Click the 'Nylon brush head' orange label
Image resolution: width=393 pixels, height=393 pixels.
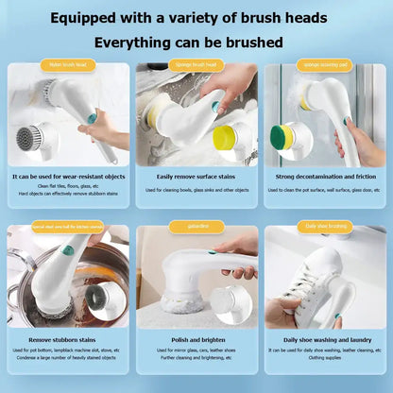[67, 65]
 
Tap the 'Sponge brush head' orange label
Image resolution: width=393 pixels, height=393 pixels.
[196, 64]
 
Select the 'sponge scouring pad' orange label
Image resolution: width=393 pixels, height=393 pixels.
[324, 65]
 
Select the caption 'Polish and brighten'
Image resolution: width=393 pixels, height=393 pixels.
[196, 337]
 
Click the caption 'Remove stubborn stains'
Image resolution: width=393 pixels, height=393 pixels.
[67, 337]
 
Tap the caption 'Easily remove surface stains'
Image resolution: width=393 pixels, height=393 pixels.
[196, 176]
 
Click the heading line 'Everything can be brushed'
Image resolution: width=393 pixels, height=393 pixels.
[196, 43]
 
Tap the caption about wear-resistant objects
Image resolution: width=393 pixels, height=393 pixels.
[67, 176]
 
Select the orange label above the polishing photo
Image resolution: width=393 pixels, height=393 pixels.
[196, 227]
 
